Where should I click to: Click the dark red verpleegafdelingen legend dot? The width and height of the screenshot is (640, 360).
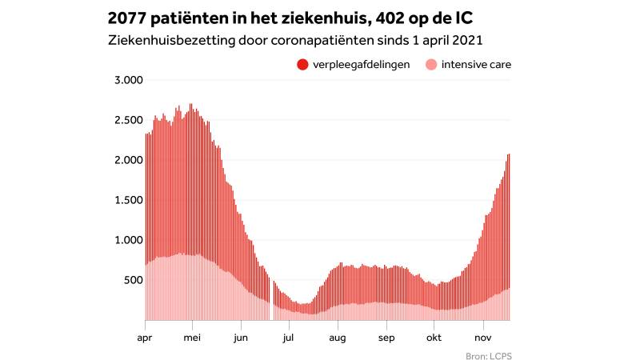(302, 65)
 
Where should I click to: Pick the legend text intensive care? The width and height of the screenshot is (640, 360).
(477, 65)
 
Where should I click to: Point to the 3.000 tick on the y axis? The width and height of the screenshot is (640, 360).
(128, 80)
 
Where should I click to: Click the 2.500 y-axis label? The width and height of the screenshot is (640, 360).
(128, 120)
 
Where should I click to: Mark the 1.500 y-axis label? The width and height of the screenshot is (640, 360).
(128, 200)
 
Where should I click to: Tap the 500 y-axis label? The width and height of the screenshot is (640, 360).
(132, 280)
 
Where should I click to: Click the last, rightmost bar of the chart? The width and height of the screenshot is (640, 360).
(509, 240)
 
